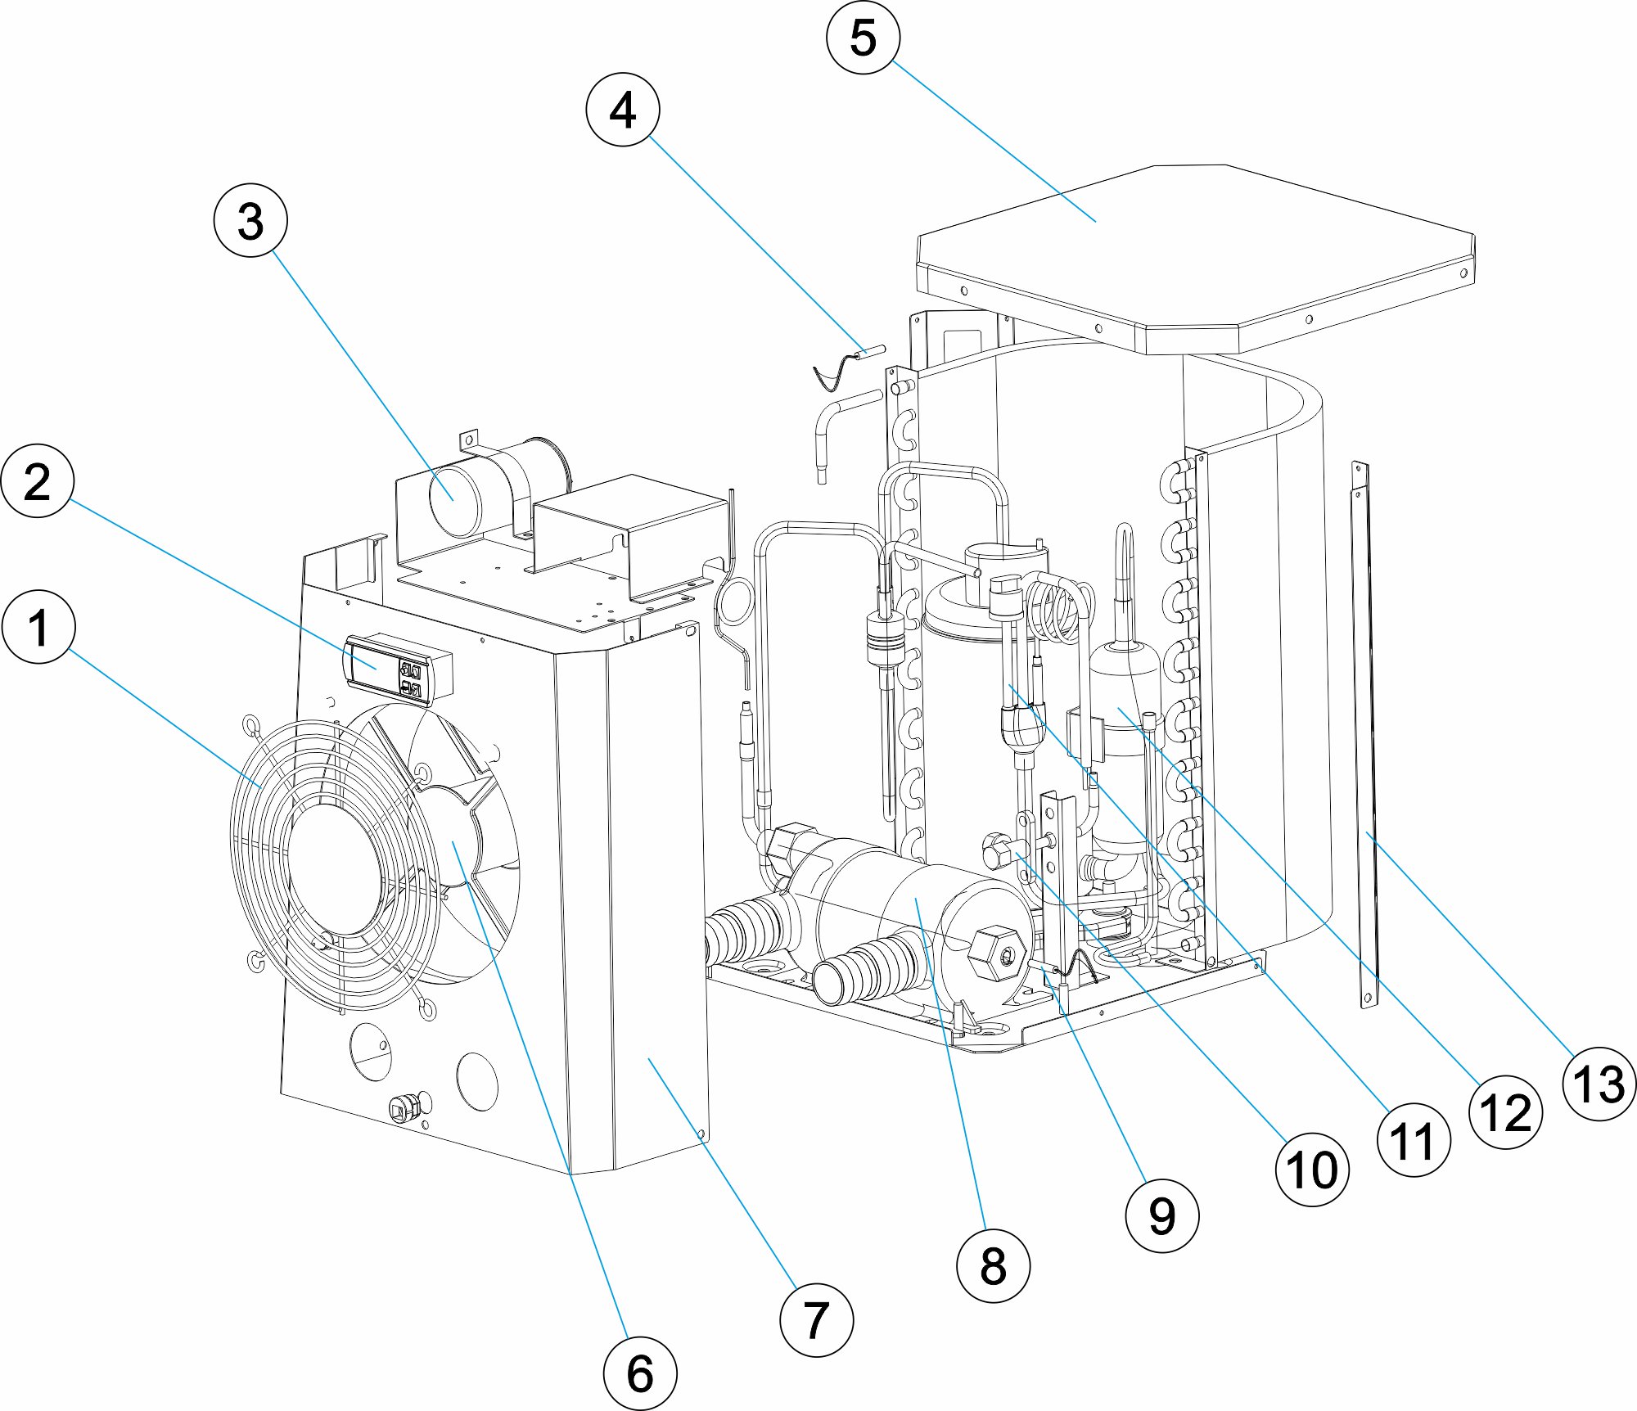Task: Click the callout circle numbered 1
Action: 38,628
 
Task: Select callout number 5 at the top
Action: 863,38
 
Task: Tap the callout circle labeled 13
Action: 1599,1084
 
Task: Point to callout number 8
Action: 992,1265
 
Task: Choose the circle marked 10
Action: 1312,1170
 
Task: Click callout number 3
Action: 250,221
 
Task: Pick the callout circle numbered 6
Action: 639,1373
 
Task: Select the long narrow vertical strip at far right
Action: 1365,737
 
